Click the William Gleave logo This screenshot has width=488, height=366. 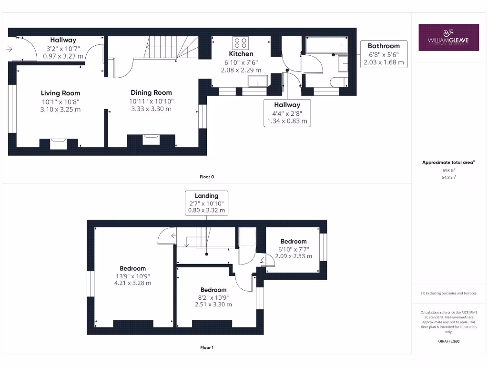448,38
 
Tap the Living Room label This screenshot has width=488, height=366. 61,93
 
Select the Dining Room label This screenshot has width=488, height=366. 151,92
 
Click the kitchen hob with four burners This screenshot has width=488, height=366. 240,42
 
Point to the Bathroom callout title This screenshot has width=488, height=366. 383,46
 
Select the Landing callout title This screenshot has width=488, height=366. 206,195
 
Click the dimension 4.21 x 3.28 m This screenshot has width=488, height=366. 132,283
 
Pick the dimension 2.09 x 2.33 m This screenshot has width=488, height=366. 294,256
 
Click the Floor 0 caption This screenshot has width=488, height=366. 206,177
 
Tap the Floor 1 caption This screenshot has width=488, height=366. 206,347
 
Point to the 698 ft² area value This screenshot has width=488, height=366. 448,170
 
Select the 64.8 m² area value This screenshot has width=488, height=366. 448,177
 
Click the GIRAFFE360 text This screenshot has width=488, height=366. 448,341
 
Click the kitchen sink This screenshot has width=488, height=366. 257,82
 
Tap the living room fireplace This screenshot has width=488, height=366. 59,142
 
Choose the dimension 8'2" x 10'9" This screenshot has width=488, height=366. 213,297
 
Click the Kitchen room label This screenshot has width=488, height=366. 241,54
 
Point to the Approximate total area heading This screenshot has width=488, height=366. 448,163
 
